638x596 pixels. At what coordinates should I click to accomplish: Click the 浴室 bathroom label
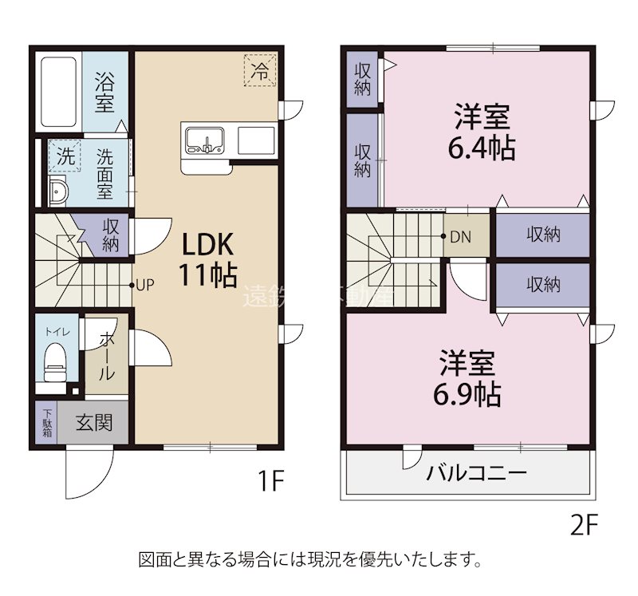[x=104, y=93]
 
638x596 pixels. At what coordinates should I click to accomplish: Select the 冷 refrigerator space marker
[x=260, y=69]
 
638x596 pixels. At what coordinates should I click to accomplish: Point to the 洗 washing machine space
[x=65, y=156]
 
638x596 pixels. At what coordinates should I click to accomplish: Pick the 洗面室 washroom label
[x=104, y=174]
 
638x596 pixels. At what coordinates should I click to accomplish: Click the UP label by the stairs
[x=144, y=284]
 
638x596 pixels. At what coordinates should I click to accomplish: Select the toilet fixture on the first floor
[x=55, y=361]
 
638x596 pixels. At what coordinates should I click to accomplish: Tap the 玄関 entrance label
[x=94, y=423]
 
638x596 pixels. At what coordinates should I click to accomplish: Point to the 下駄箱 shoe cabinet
[x=47, y=422]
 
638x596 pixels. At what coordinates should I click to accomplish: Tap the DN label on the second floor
[x=461, y=236]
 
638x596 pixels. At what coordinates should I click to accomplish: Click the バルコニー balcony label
[x=476, y=474]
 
